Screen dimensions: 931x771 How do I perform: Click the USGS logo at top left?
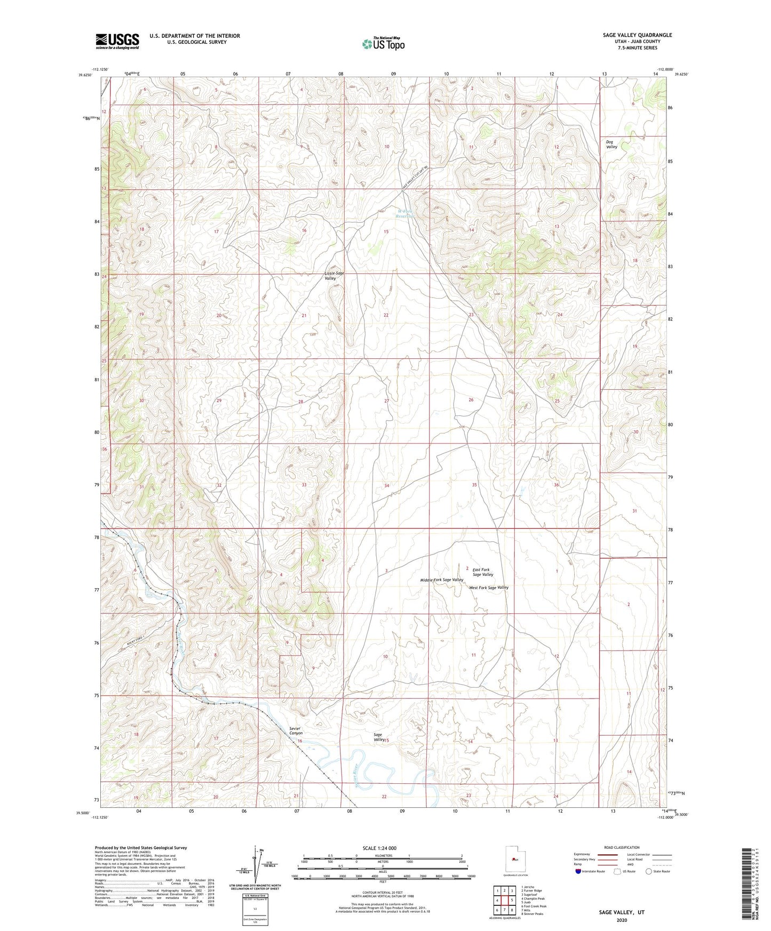pos(117,41)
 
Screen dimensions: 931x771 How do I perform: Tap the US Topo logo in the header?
pos(383,44)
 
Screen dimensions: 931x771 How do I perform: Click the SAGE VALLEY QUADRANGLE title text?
pos(637,35)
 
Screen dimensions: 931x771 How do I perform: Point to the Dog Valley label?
pos(611,145)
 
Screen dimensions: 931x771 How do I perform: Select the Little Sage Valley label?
pos(334,276)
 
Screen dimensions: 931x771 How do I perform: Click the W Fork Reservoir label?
pos(406,213)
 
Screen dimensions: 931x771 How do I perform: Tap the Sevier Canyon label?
pos(296,731)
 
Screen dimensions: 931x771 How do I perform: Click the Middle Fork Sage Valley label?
pos(441,580)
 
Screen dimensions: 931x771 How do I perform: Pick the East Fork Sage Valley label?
pos(482,572)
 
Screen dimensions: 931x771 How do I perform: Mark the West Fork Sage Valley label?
pos(488,588)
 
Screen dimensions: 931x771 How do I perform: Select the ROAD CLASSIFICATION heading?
pos(622,847)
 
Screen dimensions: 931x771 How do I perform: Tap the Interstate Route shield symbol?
pos(578,872)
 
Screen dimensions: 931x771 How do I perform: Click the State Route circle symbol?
pos(648,872)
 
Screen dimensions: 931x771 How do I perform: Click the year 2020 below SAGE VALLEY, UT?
pos(622,920)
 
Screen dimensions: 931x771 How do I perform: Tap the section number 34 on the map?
pos(386,486)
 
